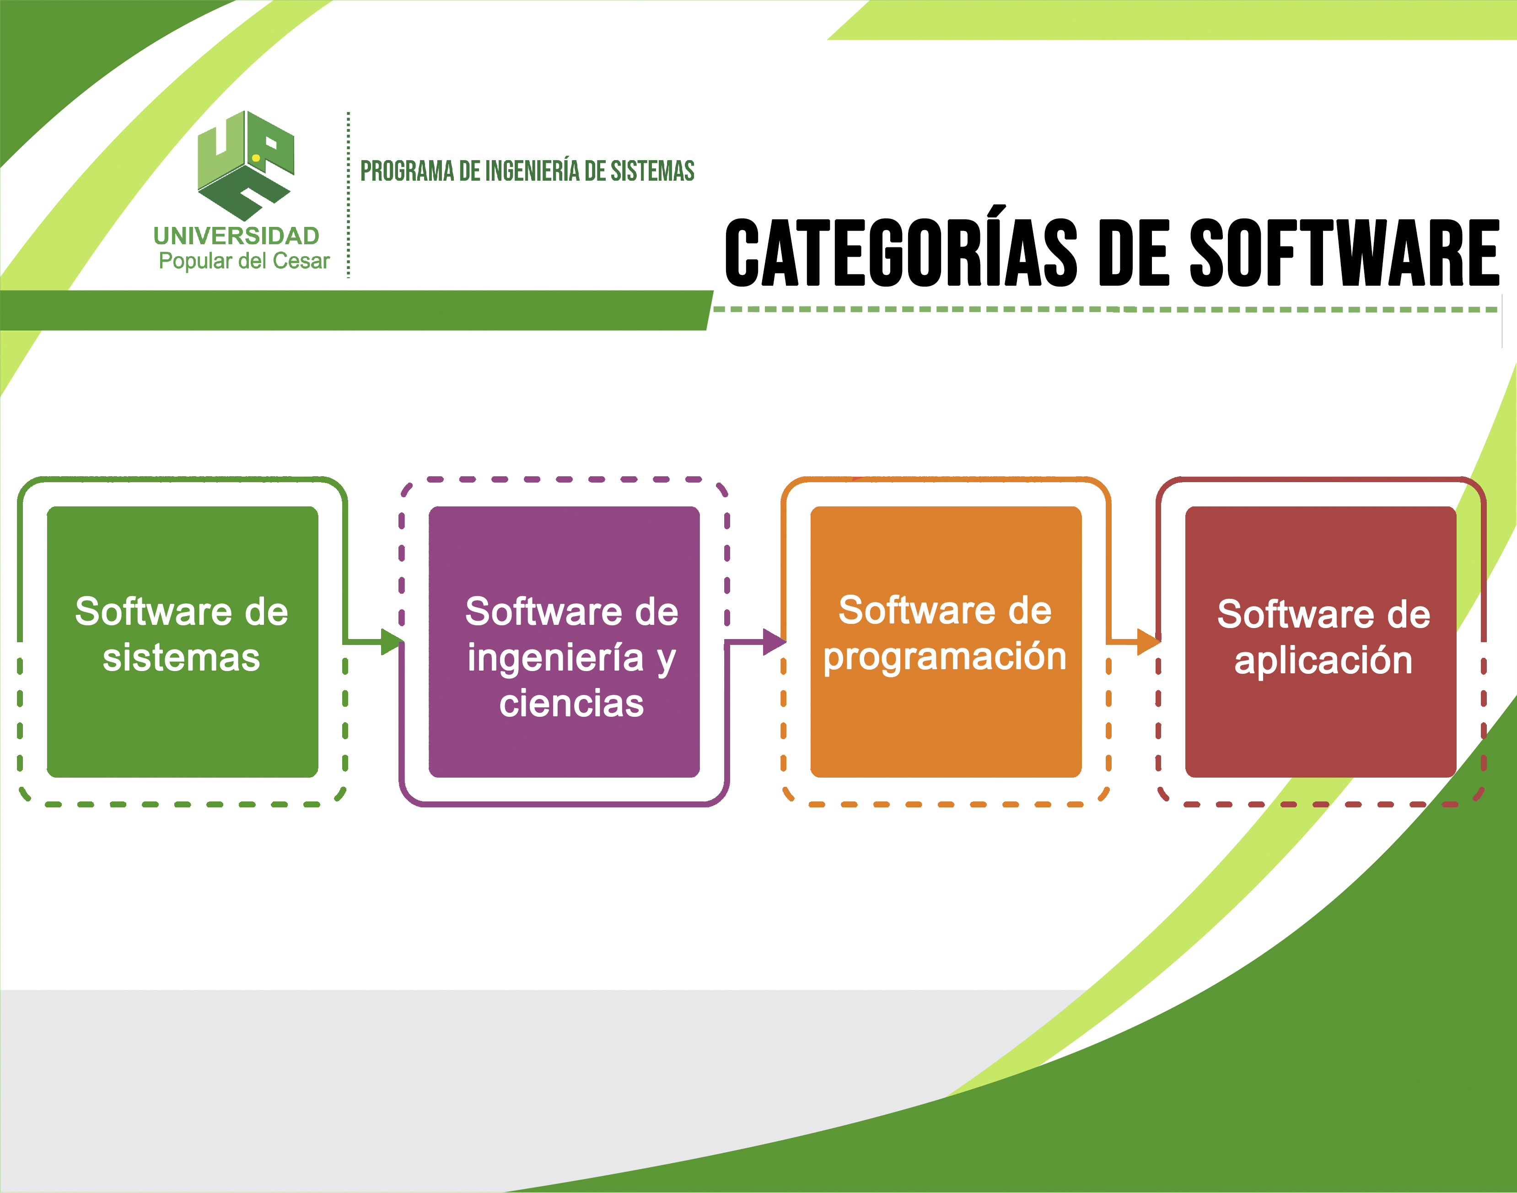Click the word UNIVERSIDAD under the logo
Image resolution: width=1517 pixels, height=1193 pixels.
pyautogui.click(x=236, y=236)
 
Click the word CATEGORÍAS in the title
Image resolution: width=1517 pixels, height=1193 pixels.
pyautogui.click(x=901, y=253)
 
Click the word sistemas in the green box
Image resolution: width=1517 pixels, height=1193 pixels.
pyautogui.click(x=182, y=658)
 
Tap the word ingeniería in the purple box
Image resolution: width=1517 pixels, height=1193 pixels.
pyautogui.click(x=555, y=658)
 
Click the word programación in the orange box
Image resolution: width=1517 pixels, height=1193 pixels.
pyautogui.click(x=945, y=656)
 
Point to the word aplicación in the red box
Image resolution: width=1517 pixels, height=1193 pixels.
pyautogui.click(x=1323, y=660)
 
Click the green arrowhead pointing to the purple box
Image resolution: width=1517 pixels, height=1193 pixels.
pyautogui.click(x=392, y=641)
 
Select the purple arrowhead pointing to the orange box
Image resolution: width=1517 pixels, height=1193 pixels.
pyautogui.click(x=774, y=641)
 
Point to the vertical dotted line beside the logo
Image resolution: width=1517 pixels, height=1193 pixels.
pyautogui.click(x=348, y=196)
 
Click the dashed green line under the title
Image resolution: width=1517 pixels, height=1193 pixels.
pyautogui.click(x=1103, y=309)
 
